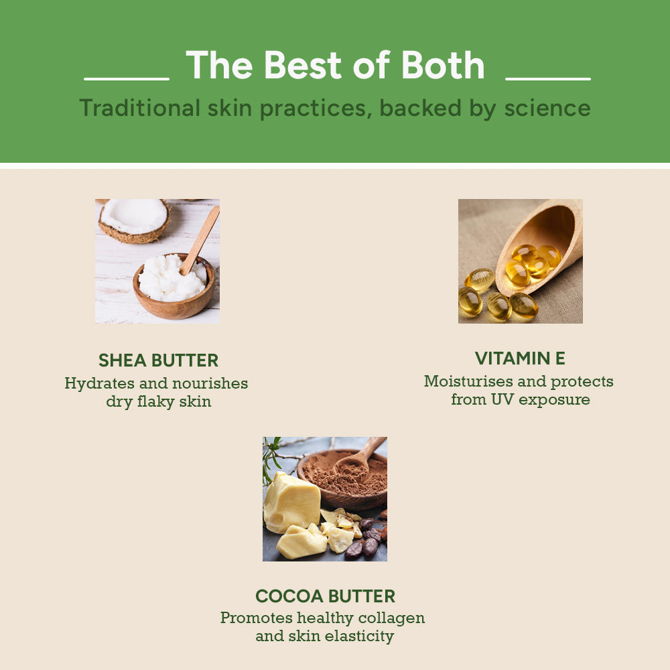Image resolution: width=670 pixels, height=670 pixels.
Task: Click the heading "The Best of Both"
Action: pyautogui.click(x=335, y=66)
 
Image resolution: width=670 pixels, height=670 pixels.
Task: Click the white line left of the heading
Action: pyautogui.click(x=127, y=79)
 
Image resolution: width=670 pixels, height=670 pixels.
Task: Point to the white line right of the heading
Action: pyautogui.click(x=547, y=79)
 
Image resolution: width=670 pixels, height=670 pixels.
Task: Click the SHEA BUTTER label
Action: pyautogui.click(x=158, y=360)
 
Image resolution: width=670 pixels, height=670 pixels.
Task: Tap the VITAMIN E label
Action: pyautogui.click(x=520, y=358)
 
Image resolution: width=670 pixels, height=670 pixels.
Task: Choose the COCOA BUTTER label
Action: pyautogui.click(x=325, y=596)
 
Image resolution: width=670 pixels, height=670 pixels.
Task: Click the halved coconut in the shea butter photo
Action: pyautogui.click(x=133, y=219)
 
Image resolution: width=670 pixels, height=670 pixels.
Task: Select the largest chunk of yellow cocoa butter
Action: pyautogui.click(x=291, y=503)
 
